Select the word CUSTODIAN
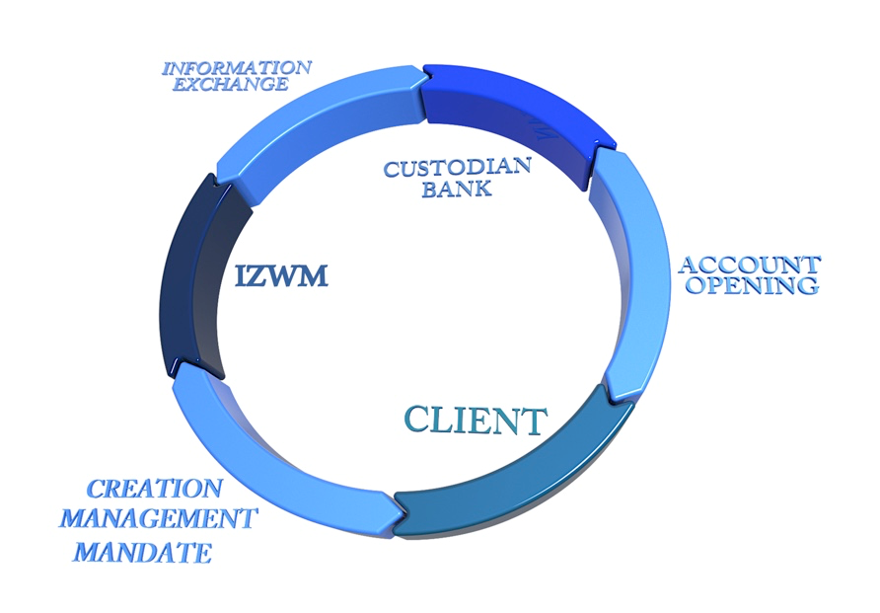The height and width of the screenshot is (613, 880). [457, 167]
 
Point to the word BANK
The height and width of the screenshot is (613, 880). [456, 188]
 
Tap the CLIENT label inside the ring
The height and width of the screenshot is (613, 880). [476, 421]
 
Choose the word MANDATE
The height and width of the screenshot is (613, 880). [143, 551]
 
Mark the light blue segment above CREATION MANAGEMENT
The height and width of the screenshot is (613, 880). [266, 464]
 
